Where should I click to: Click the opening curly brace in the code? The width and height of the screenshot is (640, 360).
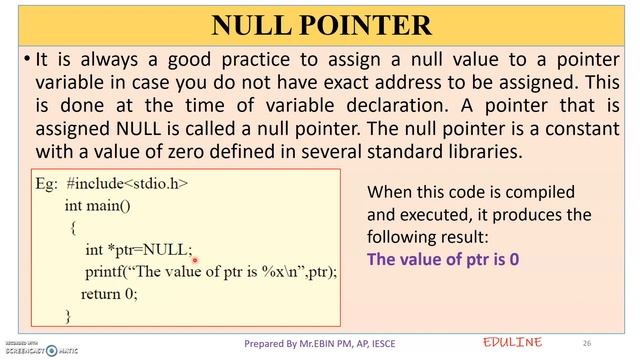coord(73,228)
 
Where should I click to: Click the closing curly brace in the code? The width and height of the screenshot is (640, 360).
coord(68,315)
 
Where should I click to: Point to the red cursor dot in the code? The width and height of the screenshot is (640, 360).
coord(195,261)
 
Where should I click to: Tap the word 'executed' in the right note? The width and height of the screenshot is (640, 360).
coord(433,215)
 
